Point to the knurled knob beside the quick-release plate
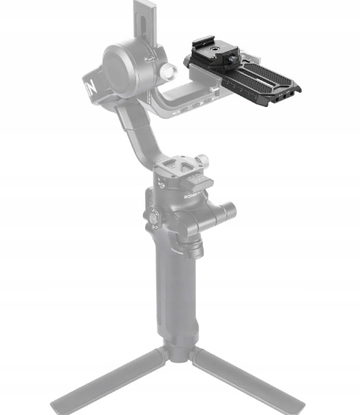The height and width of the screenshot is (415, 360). pyautogui.click(x=201, y=160)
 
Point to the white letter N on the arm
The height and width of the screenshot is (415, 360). pyautogui.click(x=90, y=85)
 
